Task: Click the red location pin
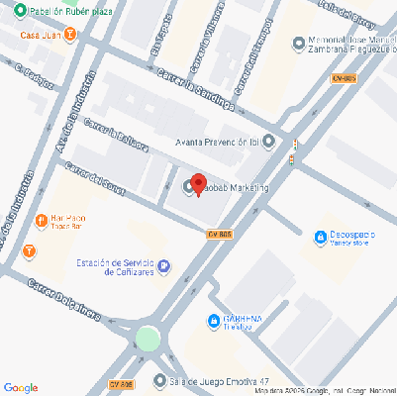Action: tap(198, 184)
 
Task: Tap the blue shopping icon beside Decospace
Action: tap(319, 237)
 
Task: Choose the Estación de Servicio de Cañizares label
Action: tap(115, 267)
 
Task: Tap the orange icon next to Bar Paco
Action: tap(40, 219)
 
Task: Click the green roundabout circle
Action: tap(148, 339)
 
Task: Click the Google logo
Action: tap(21, 387)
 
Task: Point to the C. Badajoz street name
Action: tap(34, 76)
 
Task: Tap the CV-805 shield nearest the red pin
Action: tap(219, 234)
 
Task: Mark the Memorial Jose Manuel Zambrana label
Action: tap(347, 47)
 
